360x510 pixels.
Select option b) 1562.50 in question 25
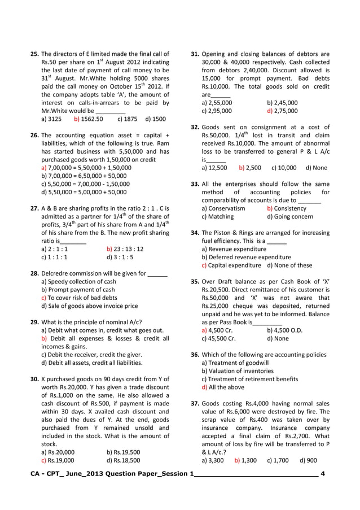[x=89, y=119]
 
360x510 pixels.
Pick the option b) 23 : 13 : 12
[x=125, y=249]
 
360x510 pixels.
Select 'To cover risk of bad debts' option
[x=80, y=298]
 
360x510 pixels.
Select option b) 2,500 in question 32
[x=250, y=168]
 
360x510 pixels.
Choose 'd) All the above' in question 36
[x=223, y=387]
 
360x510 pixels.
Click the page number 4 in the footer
[x=322, y=473]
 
